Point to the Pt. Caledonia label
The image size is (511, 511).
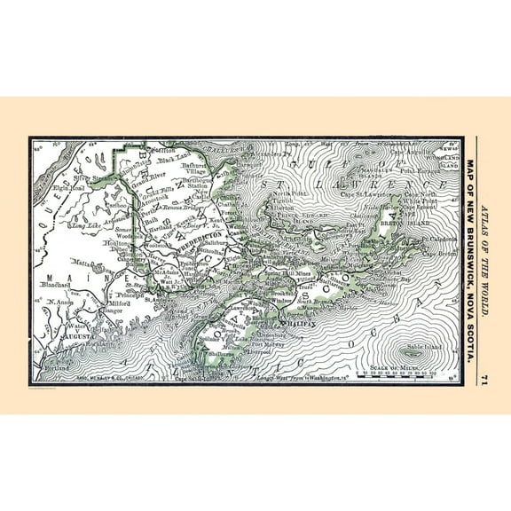pos(436,239)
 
